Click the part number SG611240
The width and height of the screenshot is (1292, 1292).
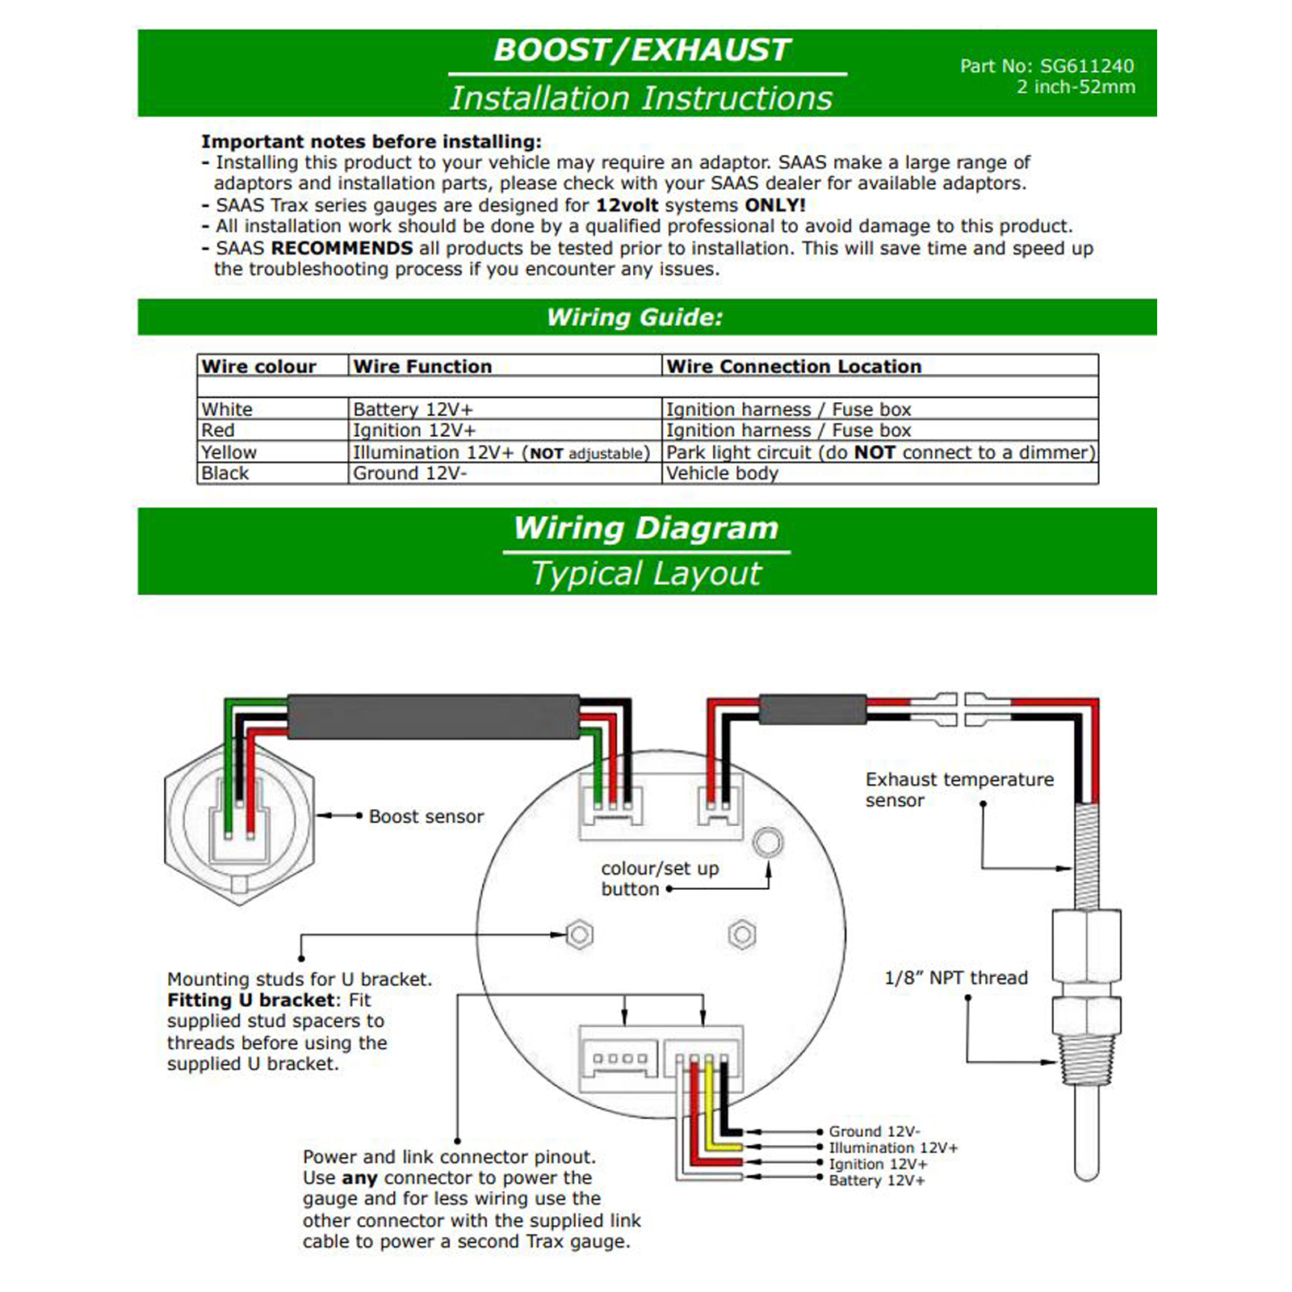pyautogui.click(x=1086, y=66)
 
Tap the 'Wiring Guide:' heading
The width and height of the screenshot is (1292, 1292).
pyautogui.click(x=635, y=317)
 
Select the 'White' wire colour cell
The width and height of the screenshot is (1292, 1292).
pyautogui.click(x=227, y=409)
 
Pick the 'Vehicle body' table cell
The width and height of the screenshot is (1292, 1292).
pyautogui.click(x=722, y=474)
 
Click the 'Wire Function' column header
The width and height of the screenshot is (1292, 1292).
pyautogui.click(x=422, y=367)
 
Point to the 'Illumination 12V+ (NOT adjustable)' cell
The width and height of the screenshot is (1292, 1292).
pyautogui.click(x=501, y=453)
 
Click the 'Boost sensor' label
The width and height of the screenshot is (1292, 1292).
pyautogui.click(x=426, y=816)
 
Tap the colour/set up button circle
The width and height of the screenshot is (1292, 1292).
pyautogui.click(x=767, y=842)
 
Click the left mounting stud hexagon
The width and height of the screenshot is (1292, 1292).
pyautogui.click(x=580, y=935)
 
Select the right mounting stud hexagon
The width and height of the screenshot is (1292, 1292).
pyautogui.click(x=741, y=935)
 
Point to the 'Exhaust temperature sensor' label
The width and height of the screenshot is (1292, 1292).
pyautogui.click(x=959, y=790)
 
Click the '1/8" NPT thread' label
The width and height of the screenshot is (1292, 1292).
pyautogui.click(x=956, y=978)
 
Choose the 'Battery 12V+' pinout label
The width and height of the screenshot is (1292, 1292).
pyautogui.click(x=876, y=1181)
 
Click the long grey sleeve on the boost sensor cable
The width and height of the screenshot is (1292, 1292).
pyautogui.click(x=434, y=716)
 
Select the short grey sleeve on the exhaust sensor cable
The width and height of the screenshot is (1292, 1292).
pyautogui.click(x=812, y=710)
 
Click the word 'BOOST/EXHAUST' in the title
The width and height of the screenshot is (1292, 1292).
pyautogui.click(x=642, y=50)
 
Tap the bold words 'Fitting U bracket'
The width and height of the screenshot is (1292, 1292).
pyautogui.click(x=250, y=1000)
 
